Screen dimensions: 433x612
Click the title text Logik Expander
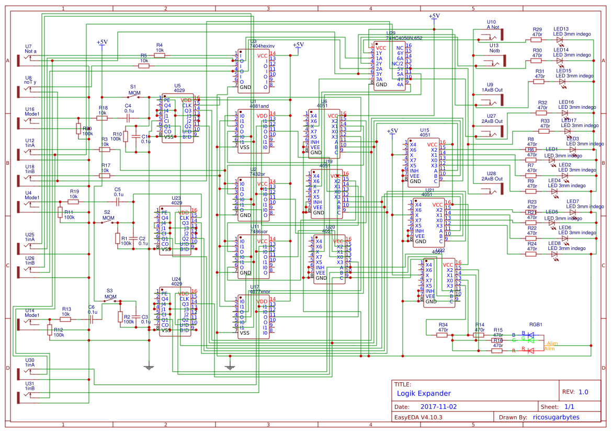[423, 393]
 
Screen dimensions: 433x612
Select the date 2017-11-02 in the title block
[438, 406]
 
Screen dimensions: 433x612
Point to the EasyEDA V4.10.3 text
[418, 417]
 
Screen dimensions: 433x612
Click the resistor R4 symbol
[159, 55]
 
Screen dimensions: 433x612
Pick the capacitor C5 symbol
[118, 201]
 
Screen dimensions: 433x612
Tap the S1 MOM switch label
[134, 90]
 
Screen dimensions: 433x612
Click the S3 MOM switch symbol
[111, 302]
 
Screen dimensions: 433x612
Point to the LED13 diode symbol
[560, 40]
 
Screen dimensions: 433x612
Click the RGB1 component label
[536, 324]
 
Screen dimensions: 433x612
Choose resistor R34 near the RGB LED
[443, 335]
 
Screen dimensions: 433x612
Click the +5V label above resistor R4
[102, 42]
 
